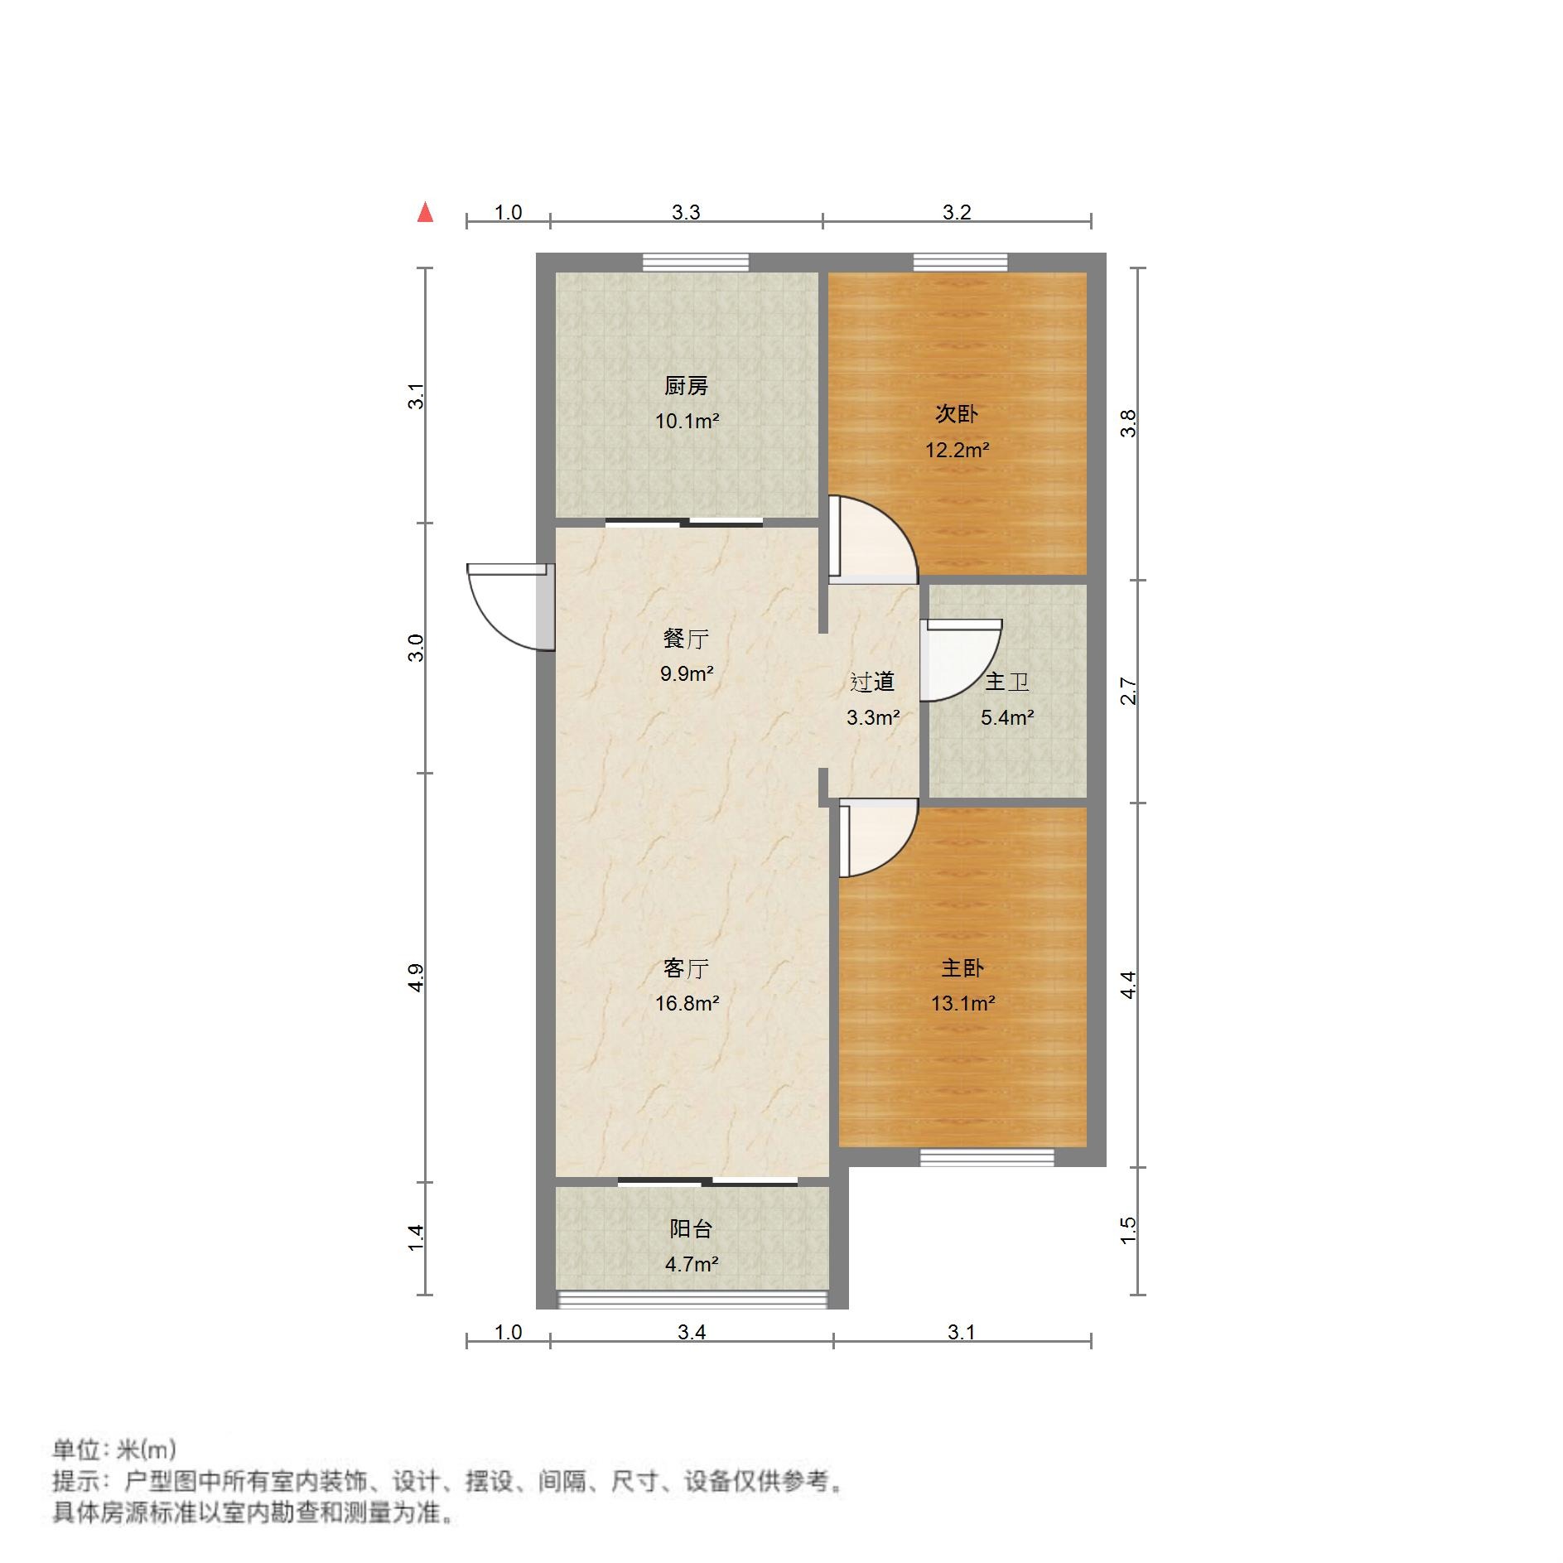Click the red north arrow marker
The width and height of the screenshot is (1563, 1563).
[x=425, y=213]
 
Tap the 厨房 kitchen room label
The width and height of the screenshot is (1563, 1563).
[x=686, y=386]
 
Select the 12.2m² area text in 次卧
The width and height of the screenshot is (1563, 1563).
[x=957, y=450]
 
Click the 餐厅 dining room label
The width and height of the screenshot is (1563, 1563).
[x=686, y=639]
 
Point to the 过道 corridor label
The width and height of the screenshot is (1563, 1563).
[x=872, y=682]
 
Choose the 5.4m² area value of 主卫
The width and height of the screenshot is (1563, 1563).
[x=1007, y=717]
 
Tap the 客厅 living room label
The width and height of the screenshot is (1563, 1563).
[x=686, y=968]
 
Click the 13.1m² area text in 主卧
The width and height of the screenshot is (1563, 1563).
[x=962, y=1003]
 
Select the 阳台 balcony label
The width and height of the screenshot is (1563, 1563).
[x=691, y=1228]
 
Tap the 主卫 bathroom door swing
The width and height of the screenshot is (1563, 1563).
[x=959, y=659]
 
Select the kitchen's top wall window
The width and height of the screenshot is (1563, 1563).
[x=696, y=263]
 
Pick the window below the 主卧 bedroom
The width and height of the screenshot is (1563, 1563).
[x=987, y=1157]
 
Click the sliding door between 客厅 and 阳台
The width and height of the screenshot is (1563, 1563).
[x=707, y=1181]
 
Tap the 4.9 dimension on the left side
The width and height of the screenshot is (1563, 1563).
[x=417, y=977]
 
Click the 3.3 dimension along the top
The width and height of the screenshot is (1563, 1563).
[x=686, y=213]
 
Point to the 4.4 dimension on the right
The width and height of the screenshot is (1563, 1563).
[x=1128, y=985]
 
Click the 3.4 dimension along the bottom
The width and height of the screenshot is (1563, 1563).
[x=692, y=1332]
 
